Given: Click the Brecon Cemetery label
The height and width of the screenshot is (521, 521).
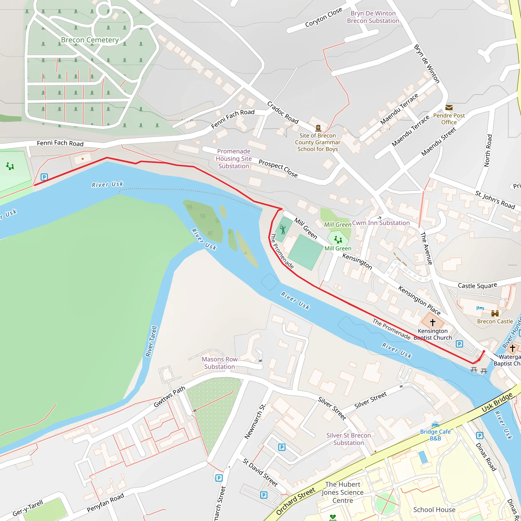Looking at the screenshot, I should point(90,40).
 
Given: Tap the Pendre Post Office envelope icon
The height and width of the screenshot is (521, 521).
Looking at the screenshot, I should point(449,108).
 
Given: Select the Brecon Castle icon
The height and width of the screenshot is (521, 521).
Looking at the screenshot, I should point(495,313).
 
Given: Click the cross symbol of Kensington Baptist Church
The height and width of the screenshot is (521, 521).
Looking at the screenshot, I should point(432,322).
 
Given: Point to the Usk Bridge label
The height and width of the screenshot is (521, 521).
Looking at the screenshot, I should point(497,402).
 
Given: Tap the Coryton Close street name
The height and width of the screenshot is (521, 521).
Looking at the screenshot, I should point(323,17).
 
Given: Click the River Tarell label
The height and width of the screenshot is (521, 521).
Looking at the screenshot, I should point(151,341).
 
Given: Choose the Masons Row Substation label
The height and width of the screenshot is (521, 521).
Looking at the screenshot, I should point(220,363).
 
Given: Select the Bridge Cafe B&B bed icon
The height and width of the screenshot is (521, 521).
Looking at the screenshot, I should point(435,425).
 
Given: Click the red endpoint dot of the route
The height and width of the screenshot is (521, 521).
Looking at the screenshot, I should point(484,351).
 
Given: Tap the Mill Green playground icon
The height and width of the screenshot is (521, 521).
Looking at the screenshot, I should point(338,239).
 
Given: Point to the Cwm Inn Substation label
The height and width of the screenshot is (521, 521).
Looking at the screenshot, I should point(381,223).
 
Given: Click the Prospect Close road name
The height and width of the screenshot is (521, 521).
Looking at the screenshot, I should point(278,168).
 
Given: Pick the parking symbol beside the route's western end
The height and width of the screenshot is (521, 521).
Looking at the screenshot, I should point(44,177).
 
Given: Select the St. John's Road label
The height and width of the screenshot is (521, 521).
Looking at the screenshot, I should point(495,200).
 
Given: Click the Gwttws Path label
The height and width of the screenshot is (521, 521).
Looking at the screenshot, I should point(169,396).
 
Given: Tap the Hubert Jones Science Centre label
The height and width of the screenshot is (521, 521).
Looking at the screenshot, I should point(342,492).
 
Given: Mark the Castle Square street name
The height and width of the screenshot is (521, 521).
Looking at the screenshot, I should point(477,285).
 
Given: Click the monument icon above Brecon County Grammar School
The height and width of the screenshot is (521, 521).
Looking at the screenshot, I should point(318,128).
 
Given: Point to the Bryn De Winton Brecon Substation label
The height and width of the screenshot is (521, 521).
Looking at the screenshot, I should point(373,17).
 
